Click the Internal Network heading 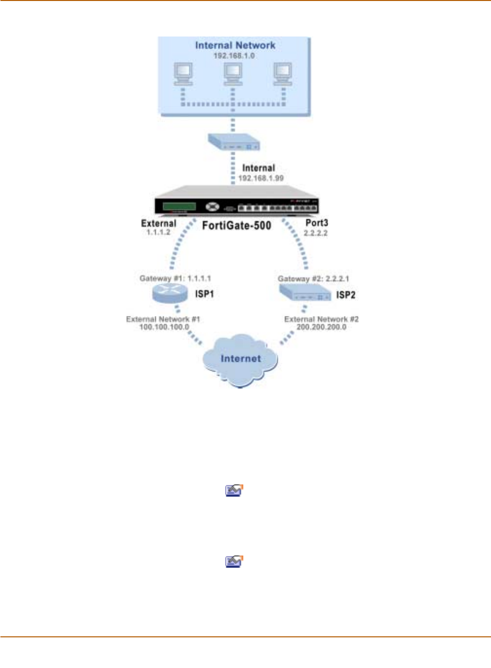(x=235, y=45)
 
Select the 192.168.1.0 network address (x=234, y=56)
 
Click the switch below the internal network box (x=234, y=142)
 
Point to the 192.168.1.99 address (x=261, y=178)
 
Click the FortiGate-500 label (x=236, y=225)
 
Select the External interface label (x=159, y=223)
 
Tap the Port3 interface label (x=317, y=223)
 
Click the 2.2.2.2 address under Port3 (x=316, y=233)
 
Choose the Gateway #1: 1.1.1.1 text (x=175, y=278)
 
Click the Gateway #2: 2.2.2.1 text (x=313, y=279)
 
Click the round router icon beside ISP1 (x=169, y=294)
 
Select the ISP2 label (x=346, y=295)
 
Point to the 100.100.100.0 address (x=164, y=327)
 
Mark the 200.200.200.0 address (x=322, y=327)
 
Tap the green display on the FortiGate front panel (x=179, y=206)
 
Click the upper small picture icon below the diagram (x=234, y=490)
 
